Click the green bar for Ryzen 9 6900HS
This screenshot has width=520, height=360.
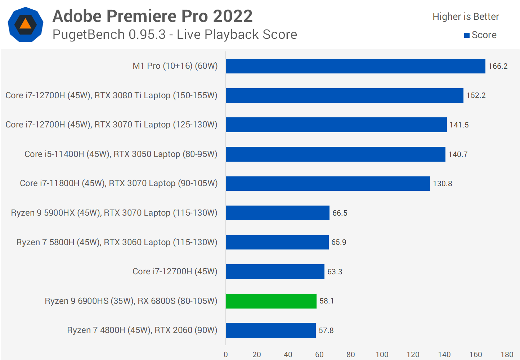[271, 301]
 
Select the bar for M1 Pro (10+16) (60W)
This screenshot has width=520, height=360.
[355, 66]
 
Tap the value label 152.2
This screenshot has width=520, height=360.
[476, 95]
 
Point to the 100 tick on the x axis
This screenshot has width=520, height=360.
[382, 355]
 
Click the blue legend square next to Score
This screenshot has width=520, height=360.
[467, 35]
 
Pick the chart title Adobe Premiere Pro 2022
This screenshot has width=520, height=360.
[152, 16]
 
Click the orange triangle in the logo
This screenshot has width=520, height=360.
[25, 24]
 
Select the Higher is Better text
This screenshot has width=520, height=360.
[465, 17]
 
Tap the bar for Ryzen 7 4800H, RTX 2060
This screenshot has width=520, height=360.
[270, 330]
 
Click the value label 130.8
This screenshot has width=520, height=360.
[442, 184]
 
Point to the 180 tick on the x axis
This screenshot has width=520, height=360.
[507, 355]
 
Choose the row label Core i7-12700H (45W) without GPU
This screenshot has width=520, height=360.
[175, 271]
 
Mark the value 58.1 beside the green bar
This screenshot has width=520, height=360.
[326, 301]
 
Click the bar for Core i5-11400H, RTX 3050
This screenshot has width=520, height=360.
[335, 154]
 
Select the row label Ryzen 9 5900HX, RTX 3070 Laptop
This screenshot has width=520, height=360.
[114, 213]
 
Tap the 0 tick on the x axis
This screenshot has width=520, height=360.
[226, 355]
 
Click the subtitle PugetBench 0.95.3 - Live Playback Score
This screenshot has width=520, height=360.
[175, 35]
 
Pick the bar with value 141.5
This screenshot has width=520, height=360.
[336, 125]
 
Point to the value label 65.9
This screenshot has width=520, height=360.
[339, 242]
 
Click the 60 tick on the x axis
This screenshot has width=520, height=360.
[319, 355]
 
